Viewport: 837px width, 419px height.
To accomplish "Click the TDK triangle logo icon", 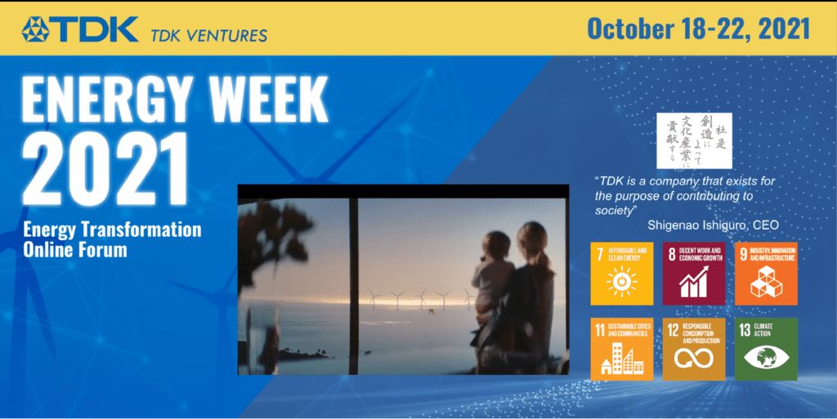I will [x=37, y=29].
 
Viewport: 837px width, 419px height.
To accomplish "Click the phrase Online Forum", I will [x=75, y=248].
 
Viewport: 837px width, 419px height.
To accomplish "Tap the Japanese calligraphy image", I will [x=695, y=140].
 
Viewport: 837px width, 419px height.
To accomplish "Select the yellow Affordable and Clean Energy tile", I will [x=621, y=273].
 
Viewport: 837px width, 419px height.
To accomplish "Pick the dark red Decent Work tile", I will [x=694, y=273].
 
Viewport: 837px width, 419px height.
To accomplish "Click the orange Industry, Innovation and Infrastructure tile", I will [x=766, y=273].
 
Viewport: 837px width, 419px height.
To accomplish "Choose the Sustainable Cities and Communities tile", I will [x=621, y=349].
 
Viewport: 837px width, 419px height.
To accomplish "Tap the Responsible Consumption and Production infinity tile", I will [x=694, y=349].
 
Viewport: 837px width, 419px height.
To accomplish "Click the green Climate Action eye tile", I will [x=766, y=349].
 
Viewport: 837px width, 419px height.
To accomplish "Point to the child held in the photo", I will [x=493, y=261].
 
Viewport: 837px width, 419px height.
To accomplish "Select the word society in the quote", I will [x=614, y=210].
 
